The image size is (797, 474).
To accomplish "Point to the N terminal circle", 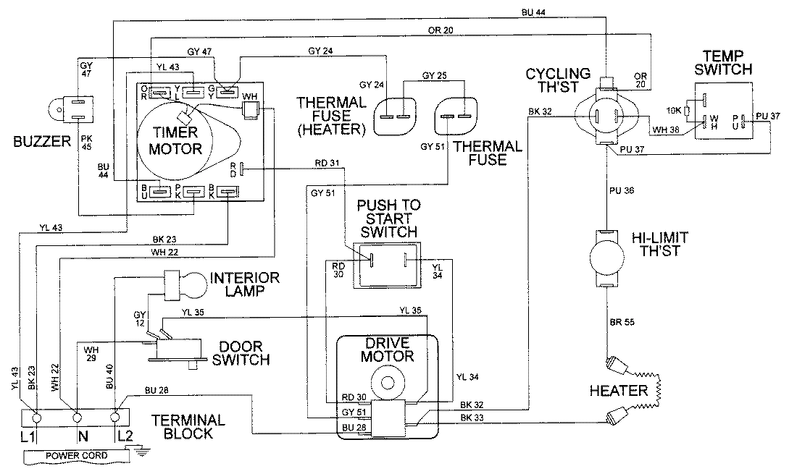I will (76, 418).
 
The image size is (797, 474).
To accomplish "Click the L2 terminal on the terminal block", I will (115, 418).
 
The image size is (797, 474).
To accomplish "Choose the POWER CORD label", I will (75, 456).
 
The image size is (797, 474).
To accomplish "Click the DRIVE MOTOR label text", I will (388, 350).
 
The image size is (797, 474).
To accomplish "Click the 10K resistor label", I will (672, 110).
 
